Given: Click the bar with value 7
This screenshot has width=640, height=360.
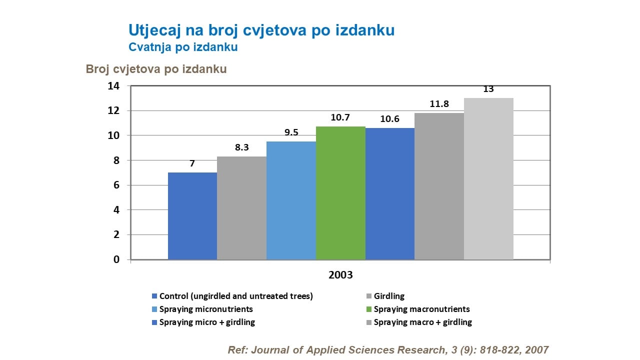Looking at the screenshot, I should [192, 216].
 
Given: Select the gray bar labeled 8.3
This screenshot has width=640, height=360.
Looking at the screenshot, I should [241, 208].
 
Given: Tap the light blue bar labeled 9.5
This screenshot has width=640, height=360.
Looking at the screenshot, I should [291, 200].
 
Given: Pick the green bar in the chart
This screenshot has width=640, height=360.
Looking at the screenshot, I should [340, 193].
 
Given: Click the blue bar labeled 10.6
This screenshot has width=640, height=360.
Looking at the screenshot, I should [390, 193].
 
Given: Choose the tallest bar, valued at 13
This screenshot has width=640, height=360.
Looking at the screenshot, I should [488, 178].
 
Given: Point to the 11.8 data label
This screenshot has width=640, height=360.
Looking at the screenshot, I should [439, 104].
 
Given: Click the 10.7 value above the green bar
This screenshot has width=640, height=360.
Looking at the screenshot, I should [340, 117].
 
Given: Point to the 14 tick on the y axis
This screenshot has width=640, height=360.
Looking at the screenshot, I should [113, 86].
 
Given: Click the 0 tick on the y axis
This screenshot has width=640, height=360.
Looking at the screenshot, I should [116, 259].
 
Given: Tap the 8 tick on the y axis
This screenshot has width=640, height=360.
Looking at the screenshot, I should [116, 160].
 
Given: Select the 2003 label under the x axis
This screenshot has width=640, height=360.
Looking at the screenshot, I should [340, 275].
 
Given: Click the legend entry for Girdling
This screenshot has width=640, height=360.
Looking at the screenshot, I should [389, 296].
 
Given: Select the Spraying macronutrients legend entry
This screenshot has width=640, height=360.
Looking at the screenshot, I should [421, 309].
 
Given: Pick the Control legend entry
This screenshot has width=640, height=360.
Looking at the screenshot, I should [235, 296].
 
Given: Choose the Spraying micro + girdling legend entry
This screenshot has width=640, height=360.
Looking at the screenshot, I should [207, 322].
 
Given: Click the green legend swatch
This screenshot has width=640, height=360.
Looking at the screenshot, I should [369, 309].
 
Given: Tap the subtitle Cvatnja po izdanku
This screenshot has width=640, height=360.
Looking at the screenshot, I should [183, 47].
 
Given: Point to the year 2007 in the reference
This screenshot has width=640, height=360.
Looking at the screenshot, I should [537, 350].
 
